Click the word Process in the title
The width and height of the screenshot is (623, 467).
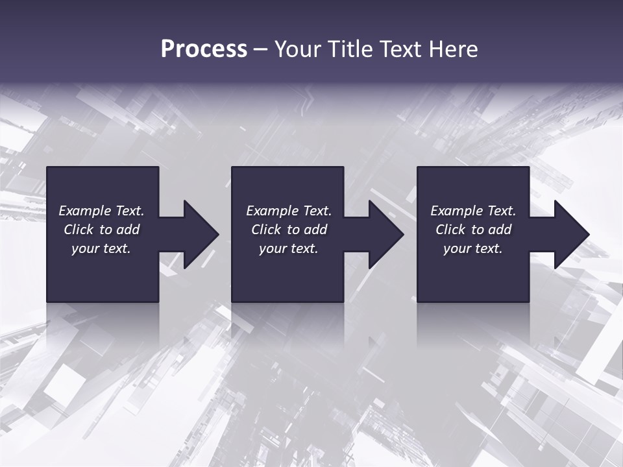(x=204, y=49)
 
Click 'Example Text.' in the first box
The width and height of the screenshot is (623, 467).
(x=101, y=211)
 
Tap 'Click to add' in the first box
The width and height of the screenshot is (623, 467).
(x=101, y=230)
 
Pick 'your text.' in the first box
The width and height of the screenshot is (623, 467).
(x=101, y=248)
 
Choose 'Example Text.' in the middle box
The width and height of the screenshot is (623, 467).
(x=289, y=211)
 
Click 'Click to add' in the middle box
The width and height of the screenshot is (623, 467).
(x=289, y=230)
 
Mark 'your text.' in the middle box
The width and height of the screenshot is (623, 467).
(x=289, y=248)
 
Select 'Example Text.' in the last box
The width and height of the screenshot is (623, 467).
(x=473, y=211)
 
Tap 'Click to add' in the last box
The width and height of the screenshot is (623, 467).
(x=473, y=230)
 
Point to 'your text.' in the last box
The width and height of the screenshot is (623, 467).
(x=473, y=248)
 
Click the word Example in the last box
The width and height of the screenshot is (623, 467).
(x=456, y=211)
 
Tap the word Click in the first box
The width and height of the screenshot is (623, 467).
(x=79, y=230)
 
